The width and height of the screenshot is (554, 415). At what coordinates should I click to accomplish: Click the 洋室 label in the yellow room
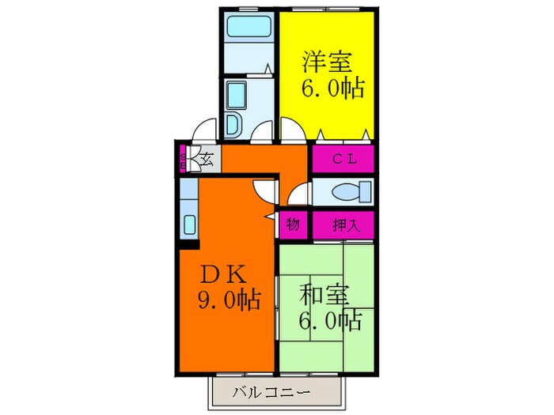(x=325, y=61)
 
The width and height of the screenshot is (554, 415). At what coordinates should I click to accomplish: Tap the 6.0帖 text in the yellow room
(x=331, y=88)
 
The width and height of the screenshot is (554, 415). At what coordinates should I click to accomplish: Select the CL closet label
(x=342, y=159)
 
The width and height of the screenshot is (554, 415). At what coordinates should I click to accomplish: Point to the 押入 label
(x=343, y=225)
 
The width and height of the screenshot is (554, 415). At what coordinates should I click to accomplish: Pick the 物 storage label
(x=293, y=225)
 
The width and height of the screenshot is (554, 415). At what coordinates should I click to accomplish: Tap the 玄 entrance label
(x=206, y=160)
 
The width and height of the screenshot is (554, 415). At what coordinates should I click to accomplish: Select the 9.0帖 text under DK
(x=229, y=301)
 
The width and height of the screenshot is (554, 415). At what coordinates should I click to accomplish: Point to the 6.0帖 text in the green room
(x=330, y=320)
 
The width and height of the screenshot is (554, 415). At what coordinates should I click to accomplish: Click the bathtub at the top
(x=249, y=28)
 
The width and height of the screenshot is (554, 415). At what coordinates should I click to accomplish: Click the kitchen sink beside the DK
(x=190, y=224)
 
